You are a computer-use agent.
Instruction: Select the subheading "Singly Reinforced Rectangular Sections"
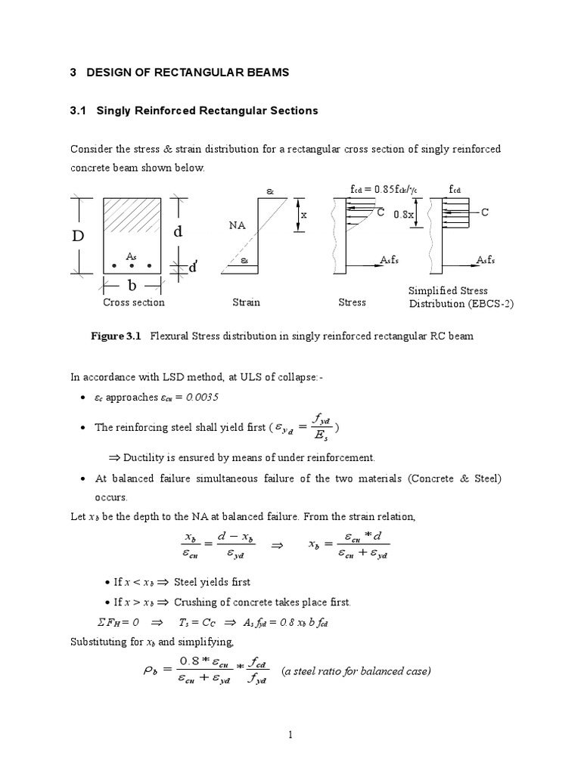click(207, 110)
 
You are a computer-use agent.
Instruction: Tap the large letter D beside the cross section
click(79, 236)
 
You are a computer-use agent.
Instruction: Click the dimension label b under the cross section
click(132, 286)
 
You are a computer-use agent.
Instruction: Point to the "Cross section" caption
click(133, 302)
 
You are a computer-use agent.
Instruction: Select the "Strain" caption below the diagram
click(246, 302)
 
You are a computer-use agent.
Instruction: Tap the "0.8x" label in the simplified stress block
click(403, 215)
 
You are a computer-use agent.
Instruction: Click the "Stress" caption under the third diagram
click(352, 302)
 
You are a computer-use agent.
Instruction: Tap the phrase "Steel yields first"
click(213, 582)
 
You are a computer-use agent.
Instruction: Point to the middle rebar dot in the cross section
click(132, 266)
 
